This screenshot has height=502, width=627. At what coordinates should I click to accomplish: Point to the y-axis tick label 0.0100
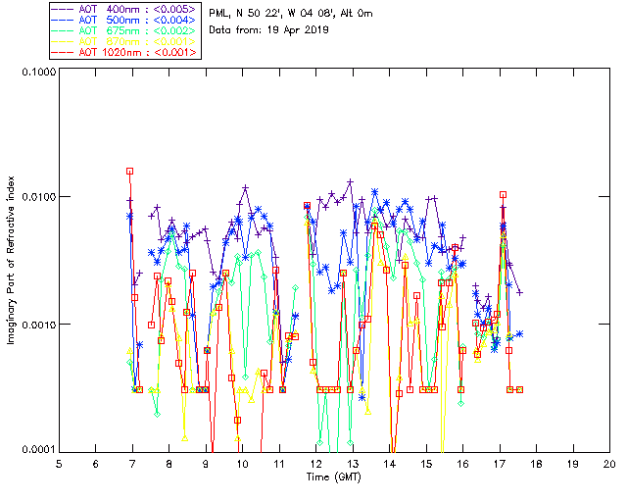click(x=37, y=198)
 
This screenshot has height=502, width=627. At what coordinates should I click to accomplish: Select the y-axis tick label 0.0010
click(x=37, y=325)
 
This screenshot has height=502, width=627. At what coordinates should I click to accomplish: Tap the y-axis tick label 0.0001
click(x=37, y=450)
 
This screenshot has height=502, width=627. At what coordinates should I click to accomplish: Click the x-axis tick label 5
click(x=59, y=463)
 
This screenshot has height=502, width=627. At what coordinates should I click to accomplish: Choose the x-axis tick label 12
click(x=315, y=463)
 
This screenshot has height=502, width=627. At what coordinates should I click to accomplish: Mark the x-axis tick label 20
click(x=609, y=463)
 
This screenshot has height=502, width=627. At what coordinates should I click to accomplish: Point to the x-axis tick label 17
click(x=500, y=463)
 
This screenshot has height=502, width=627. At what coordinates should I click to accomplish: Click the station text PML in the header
click(x=220, y=13)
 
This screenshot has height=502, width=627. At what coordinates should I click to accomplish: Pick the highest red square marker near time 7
click(x=129, y=172)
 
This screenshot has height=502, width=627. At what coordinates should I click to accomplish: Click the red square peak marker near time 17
click(x=503, y=195)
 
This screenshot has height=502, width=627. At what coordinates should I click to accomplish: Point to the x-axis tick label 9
click(x=206, y=463)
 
